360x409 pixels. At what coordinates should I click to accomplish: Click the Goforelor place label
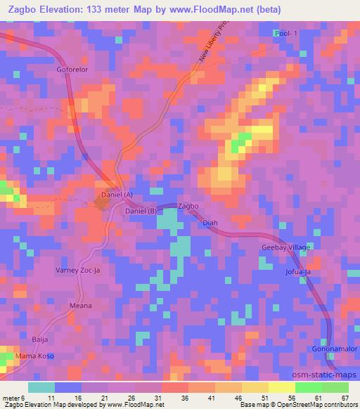pyautogui.click(x=72, y=70)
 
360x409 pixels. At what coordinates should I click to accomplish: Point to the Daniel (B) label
pyautogui.click(x=140, y=211)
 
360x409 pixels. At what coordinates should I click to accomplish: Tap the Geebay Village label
pyautogui.click(x=286, y=248)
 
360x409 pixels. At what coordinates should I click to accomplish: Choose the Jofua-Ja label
pyautogui.click(x=298, y=271)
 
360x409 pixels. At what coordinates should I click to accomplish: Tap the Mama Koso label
pyautogui.click(x=36, y=356)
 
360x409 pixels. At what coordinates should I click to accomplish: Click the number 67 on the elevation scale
pyautogui.click(x=345, y=398)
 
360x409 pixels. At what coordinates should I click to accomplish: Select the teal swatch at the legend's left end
pyautogui.click(x=41, y=387)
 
